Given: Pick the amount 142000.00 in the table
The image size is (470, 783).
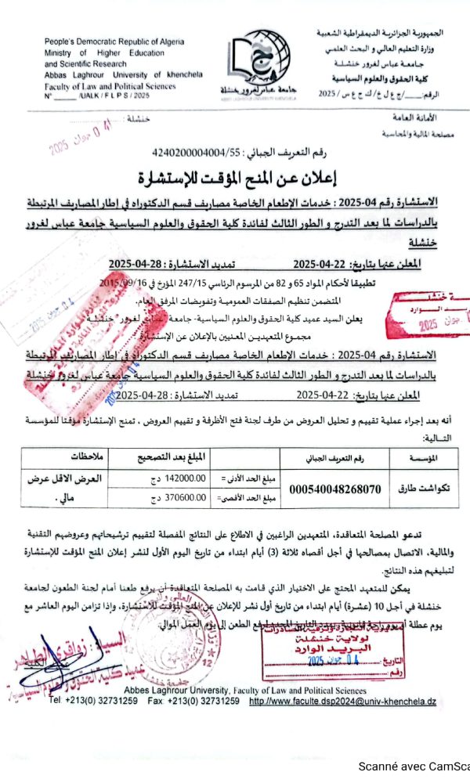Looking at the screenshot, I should pyautogui.click(x=183, y=479).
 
